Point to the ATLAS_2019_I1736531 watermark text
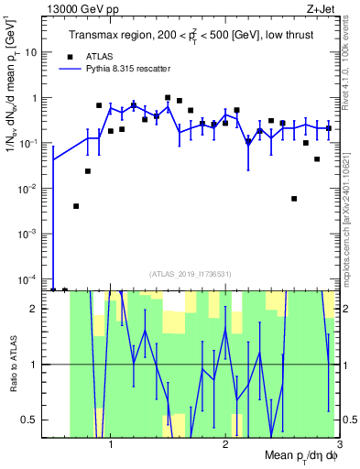point(191,273)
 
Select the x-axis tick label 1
point(111,442)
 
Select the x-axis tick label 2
point(225,442)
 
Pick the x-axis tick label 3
point(339,442)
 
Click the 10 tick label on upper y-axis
point(33,52)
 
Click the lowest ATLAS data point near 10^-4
point(53,289)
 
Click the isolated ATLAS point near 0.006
point(294,198)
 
